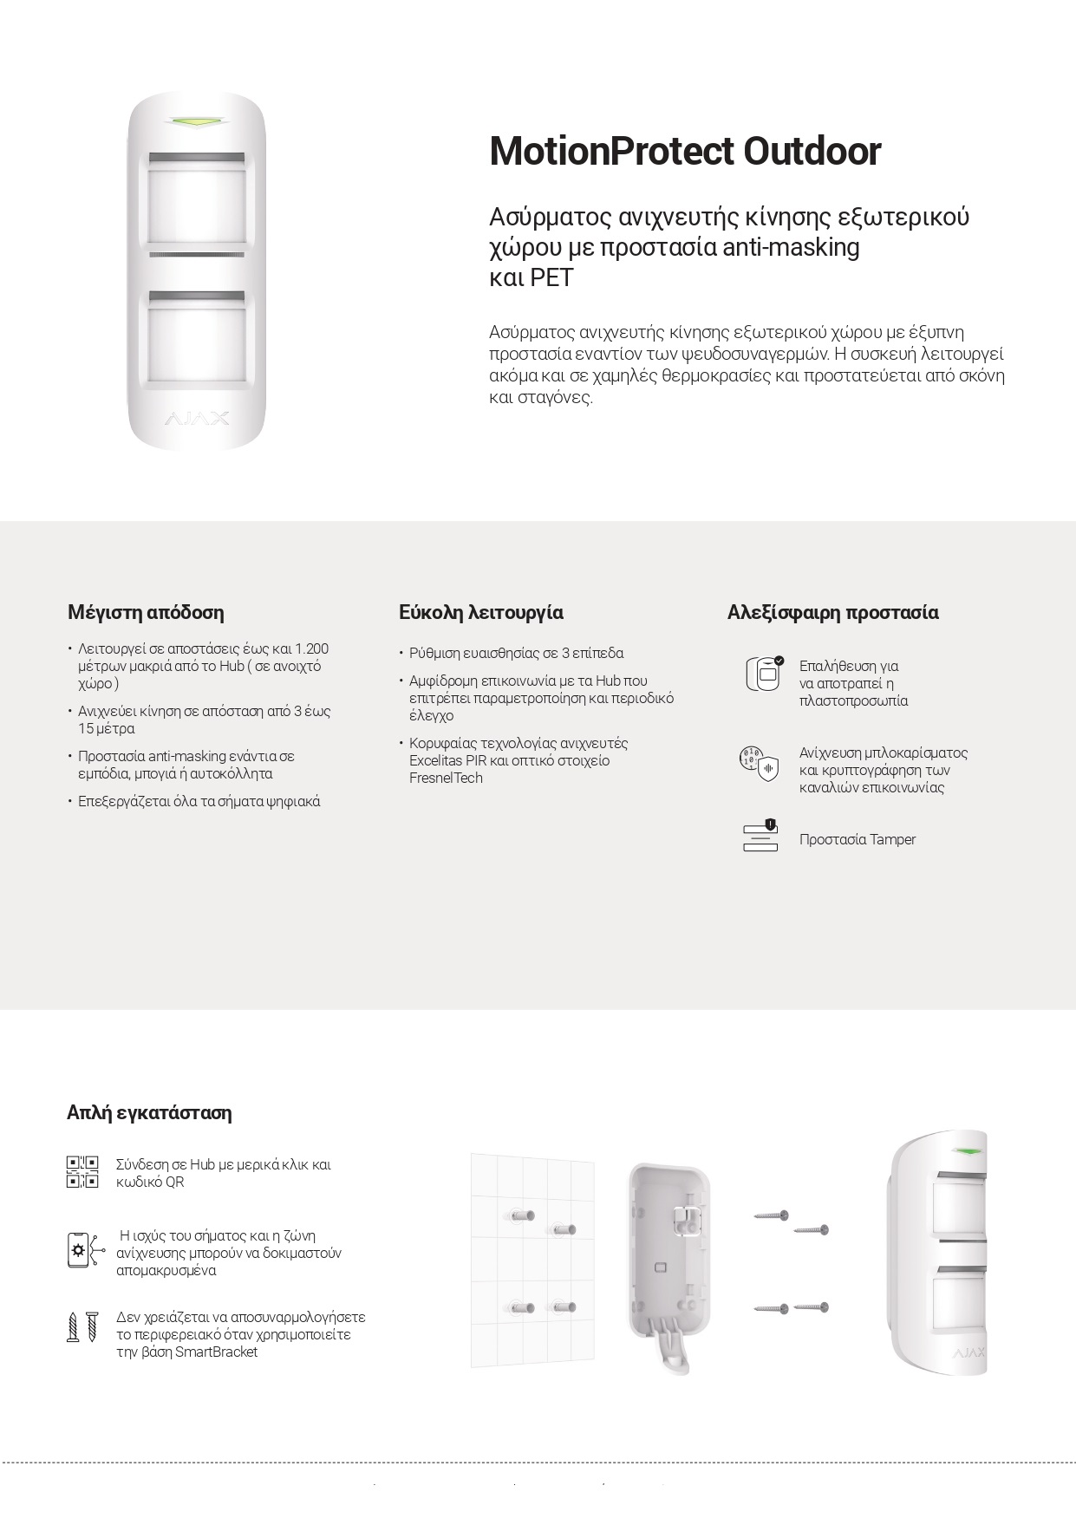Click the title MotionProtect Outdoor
click(x=685, y=151)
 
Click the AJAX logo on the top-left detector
click(x=197, y=420)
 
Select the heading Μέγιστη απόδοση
click(x=146, y=612)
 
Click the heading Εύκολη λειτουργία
click(x=481, y=612)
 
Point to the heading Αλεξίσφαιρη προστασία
click(x=832, y=612)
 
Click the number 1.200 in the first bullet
click(x=312, y=648)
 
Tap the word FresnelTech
click(x=446, y=778)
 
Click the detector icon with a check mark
click(x=764, y=674)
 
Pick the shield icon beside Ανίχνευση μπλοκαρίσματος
click(x=759, y=763)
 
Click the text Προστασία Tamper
click(x=858, y=839)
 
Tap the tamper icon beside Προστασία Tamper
click(x=760, y=836)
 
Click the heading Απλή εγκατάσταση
click(x=149, y=1112)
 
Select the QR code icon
click(x=82, y=1172)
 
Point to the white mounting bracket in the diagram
click(x=667, y=1266)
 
